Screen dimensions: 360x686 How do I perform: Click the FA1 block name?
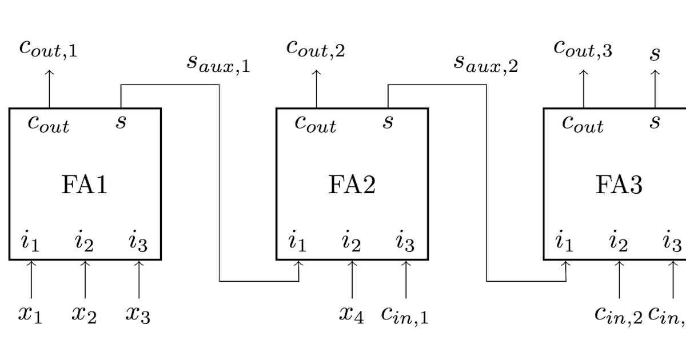click(x=84, y=185)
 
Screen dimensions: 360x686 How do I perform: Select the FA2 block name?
click(x=352, y=185)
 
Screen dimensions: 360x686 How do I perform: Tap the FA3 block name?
click(x=619, y=185)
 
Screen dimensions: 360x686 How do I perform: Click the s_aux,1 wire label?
click(x=218, y=62)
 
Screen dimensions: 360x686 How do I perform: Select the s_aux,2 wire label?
click(x=485, y=62)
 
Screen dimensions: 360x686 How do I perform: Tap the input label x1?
click(x=30, y=314)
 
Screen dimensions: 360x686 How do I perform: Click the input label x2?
click(x=84, y=314)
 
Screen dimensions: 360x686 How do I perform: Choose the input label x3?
click(x=138, y=314)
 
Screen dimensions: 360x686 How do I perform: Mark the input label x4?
click(x=351, y=314)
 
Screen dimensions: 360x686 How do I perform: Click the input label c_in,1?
click(x=405, y=314)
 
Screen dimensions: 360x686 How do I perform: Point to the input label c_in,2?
click(x=619, y=314)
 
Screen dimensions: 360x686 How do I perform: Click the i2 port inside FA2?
click(x=351, y=242)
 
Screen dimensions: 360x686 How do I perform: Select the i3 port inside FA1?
click(x=138, y=242)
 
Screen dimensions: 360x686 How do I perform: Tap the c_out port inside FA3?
click(x=583, y=123)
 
